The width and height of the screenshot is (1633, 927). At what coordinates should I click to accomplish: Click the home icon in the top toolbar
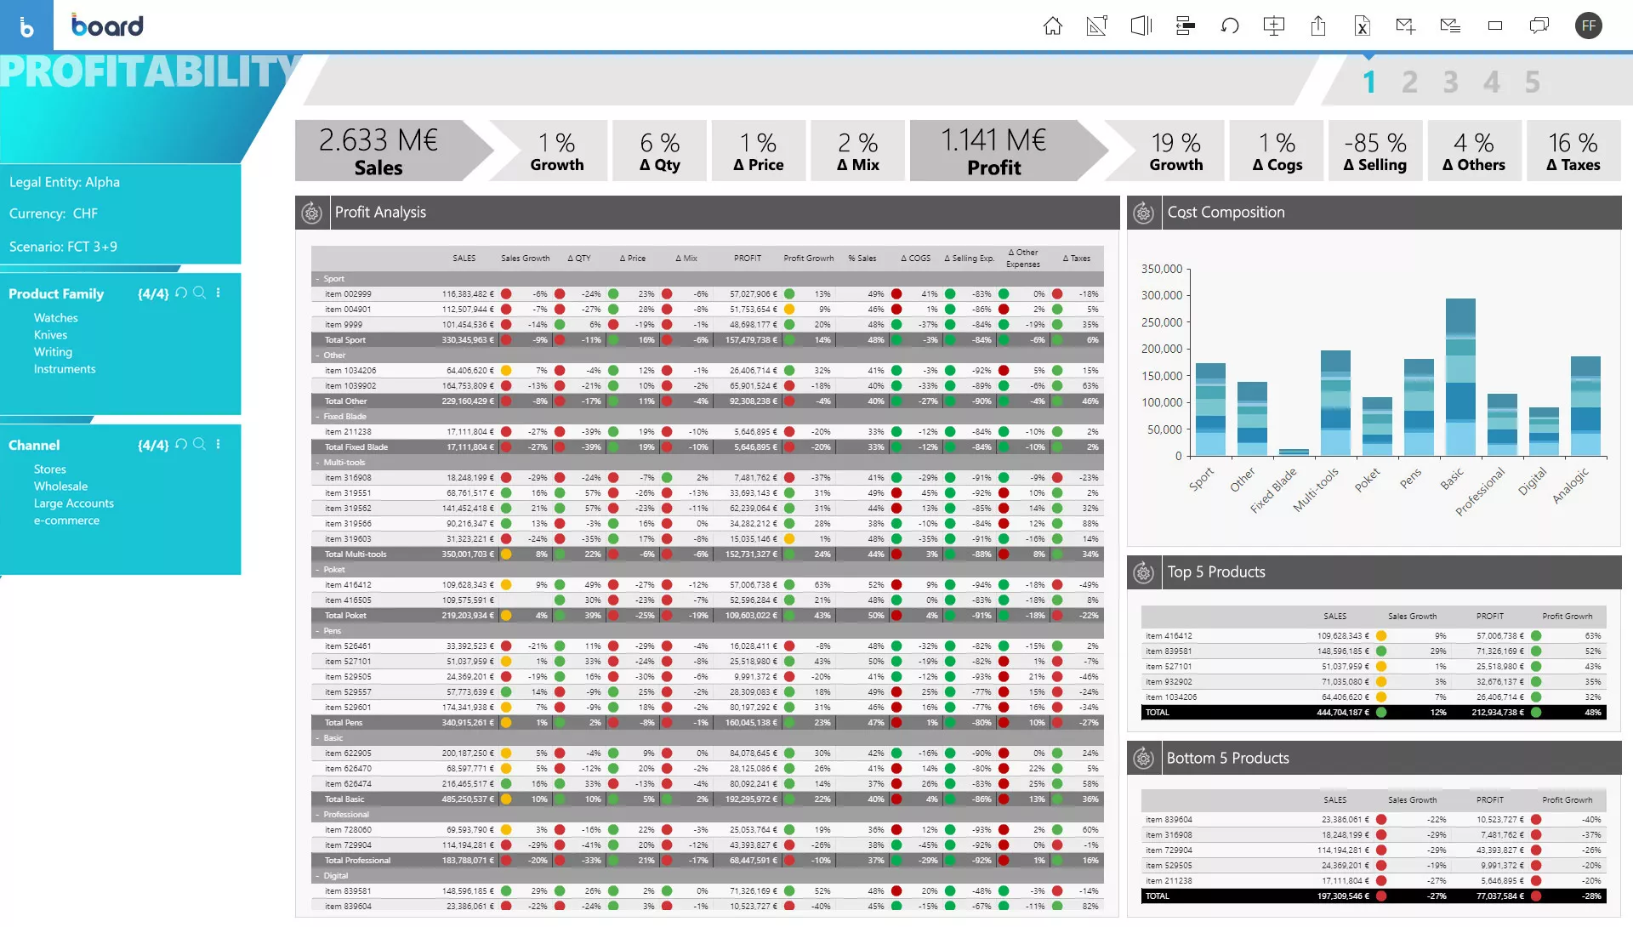click(x=1053, y=26)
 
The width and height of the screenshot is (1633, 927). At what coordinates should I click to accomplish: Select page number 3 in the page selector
click(x=1450, y=82)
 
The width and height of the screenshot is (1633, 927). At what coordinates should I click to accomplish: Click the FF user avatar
click(x=1588, y=26)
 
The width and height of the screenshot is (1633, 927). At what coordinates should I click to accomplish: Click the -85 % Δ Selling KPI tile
click(x=1374, y=151)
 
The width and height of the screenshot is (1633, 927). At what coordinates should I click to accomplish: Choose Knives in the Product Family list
click(x=50, y=335)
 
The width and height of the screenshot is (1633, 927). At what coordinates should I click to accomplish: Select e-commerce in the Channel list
click(x=66, y=520)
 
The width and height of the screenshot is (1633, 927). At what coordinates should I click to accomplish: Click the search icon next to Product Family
click(x=199, y=293)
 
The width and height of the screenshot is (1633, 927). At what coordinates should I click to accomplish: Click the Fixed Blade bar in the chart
click(x=1294, y=452)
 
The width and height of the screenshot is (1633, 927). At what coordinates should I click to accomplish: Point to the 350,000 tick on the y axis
click(x=1162, y=269)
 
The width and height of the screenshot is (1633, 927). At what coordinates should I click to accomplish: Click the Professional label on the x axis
click(x=1481, y=491)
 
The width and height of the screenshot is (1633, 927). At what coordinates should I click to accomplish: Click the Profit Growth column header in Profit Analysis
click(x=808, y=259)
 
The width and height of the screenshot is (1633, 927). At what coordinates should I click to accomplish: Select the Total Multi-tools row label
click(x=355, y=554)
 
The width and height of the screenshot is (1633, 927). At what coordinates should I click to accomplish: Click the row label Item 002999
click(x=348, y=294)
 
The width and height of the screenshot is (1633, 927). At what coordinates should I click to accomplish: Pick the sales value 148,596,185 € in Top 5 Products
click(x=1343, y=651)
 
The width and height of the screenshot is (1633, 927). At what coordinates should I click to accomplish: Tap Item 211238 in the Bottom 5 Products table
click(x=1169, y=881)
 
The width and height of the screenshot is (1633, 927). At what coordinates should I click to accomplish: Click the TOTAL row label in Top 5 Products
click(x=1158, y=713)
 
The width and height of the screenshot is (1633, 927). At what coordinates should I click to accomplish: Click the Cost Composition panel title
click(x=1226, y=213)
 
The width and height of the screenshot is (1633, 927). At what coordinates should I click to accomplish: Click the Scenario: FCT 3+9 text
click(x=63, y=247)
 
